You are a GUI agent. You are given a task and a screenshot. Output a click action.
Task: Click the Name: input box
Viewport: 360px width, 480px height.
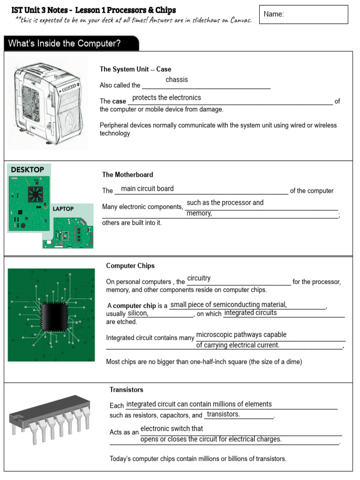click(x=303, y=15)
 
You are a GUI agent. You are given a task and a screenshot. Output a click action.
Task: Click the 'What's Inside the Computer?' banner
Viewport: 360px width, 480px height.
click(x=70, y=44)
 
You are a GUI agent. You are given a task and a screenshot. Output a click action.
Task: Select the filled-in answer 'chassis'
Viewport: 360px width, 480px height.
click(x=177, y=80)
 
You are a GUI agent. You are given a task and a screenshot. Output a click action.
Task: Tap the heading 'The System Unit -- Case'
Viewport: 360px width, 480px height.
click(x=135, y=69)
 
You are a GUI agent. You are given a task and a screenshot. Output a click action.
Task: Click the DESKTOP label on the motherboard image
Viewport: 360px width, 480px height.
click(x=28, y=169)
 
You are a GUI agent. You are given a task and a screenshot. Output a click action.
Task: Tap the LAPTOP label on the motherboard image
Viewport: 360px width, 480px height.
click(x=63, y=209)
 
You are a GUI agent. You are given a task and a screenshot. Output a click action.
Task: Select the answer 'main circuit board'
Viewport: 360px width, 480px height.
click(x=147, y=188)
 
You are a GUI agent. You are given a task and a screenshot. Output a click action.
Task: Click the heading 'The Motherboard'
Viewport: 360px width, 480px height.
click(x=127, y=175)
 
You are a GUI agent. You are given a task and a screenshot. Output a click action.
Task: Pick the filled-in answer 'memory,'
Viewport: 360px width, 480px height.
click(x=199, y=213)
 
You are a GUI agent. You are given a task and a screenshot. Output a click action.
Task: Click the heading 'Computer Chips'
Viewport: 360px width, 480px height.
click(x=130, y=266)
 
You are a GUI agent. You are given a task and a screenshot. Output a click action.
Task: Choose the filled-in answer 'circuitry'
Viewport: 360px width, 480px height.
click(x=199, y=278)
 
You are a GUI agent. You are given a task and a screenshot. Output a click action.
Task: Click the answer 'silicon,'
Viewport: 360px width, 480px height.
click(x=138, y=313)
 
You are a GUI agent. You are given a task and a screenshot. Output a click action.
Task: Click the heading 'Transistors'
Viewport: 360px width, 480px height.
click(x=127, y=390)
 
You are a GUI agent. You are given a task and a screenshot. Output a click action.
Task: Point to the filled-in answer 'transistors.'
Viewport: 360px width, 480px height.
click(x=223, y=414)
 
